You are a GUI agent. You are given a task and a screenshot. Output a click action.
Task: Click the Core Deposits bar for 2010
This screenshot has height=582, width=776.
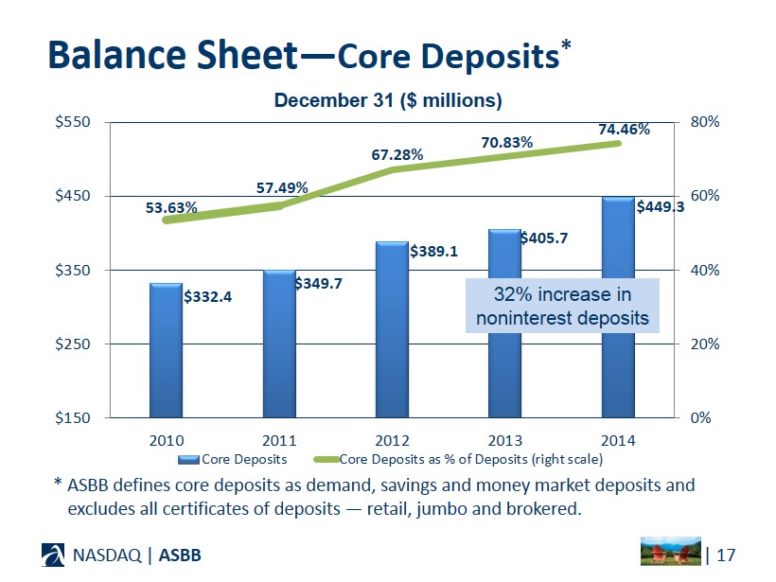click(x=166, y=350)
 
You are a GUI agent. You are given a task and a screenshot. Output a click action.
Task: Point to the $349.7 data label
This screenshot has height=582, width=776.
click(x=319, y=283)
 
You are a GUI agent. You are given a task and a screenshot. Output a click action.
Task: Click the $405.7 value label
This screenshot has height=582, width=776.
click(x=543, y=238)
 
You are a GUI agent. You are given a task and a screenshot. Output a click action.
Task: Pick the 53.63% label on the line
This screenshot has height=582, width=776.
click(x=171, y=207)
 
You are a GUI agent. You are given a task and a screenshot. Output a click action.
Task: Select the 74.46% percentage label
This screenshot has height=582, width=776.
click(x=624, y=129)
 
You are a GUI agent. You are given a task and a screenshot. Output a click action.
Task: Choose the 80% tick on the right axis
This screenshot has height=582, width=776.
click(x=705, y=122)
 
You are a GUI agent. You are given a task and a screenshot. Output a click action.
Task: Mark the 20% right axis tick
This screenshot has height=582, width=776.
click(x=705, y=344)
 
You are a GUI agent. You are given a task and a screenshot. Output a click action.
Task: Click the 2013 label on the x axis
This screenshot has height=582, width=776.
click(x=505, y=440)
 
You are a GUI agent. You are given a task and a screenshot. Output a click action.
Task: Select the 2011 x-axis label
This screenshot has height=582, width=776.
click(x=279, y=440)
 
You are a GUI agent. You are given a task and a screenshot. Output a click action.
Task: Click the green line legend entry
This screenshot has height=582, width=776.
click(x=469, y=459)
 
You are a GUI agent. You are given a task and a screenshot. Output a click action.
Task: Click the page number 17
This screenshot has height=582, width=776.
click(x=727, y=553)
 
